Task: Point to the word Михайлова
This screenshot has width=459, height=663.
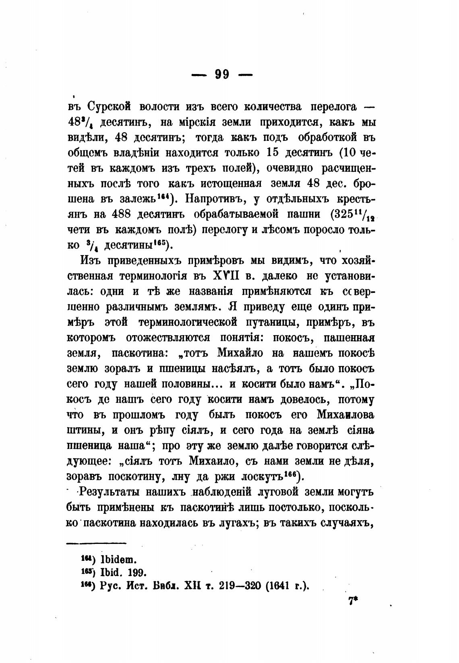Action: point(345,414)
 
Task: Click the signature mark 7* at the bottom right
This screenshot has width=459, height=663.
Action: point(353,602)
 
